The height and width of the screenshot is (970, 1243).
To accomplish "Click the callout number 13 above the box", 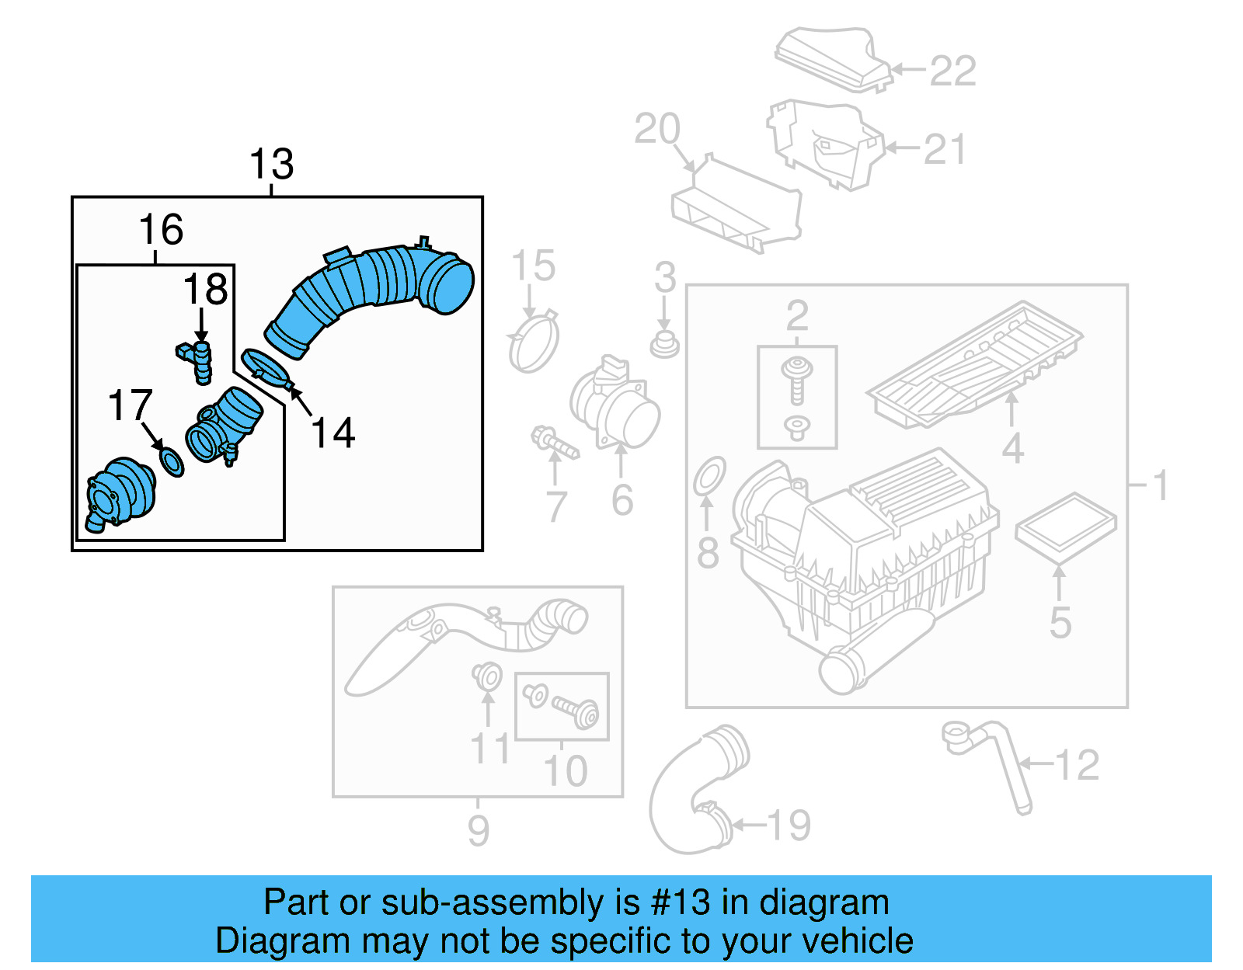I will coord(271,165).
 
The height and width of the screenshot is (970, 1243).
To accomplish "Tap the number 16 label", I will coord(161,230).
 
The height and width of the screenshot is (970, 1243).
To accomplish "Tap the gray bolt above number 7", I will coord(555,443).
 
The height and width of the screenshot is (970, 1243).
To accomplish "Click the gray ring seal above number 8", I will coord(709,475).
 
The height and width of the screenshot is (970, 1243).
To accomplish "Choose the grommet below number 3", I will coord(664,343).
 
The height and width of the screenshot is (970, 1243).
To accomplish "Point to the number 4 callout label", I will coord(1012,449).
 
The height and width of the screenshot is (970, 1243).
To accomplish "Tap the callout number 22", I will coord(952,71).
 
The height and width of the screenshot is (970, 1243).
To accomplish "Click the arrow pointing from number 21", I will coord(902,148).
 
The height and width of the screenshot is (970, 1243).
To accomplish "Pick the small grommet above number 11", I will coord(487,676).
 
